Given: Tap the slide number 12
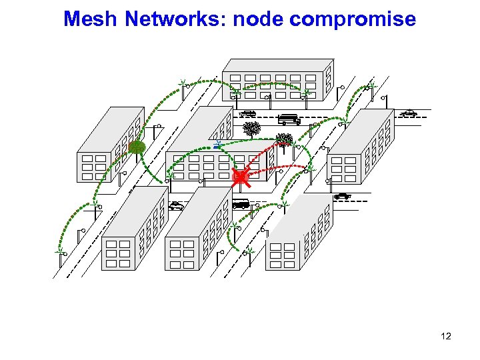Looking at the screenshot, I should pos(446,336).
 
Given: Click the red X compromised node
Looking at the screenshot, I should pos(240,177).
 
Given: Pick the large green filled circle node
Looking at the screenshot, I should pos(137,147).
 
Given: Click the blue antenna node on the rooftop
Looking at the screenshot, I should pos(218,144).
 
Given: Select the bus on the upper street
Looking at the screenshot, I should pos(289,120).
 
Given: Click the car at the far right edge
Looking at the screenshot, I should pos(409,113).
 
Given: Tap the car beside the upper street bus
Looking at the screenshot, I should pos(247,114).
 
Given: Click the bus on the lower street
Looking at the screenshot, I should pos(240,204).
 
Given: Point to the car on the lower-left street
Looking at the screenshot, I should pos(176,206).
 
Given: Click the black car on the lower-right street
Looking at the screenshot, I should pos(342,196).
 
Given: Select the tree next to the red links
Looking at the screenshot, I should pos(285,140).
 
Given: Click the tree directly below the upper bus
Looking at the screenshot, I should pos(252,129).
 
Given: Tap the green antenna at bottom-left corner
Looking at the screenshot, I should pos(60,253).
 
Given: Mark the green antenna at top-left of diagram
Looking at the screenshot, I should pos(182,83).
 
